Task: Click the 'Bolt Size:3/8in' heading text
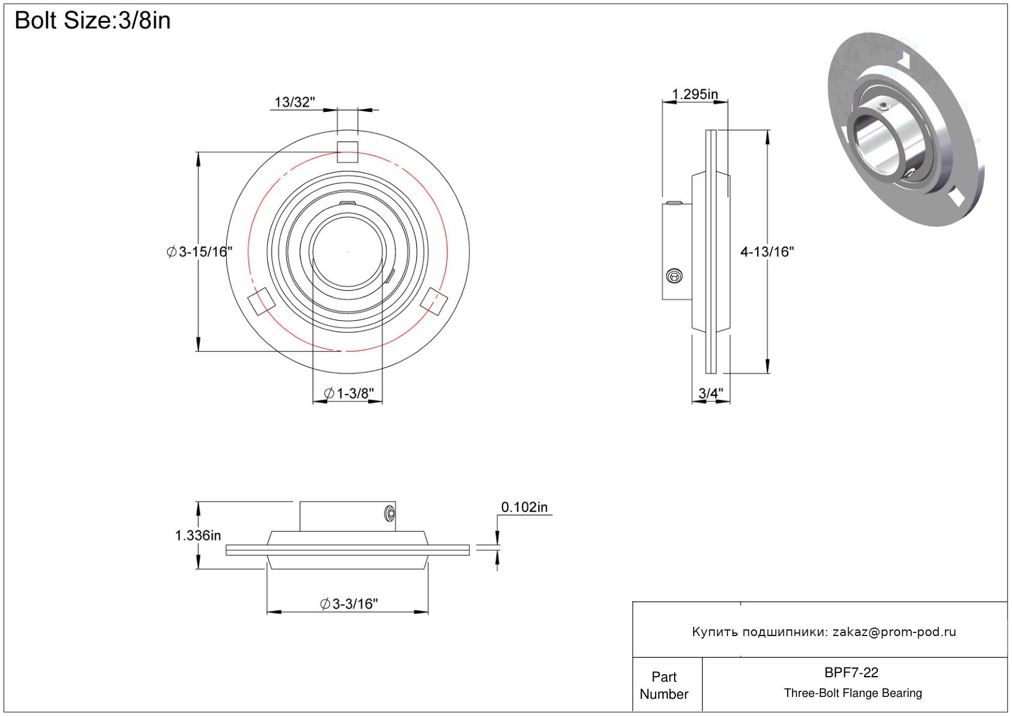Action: coord(93,21)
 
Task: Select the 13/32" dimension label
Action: coord(294,102)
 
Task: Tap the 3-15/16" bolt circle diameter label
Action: coord(200,252)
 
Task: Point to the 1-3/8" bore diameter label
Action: coord(349,393)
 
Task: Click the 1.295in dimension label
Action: coord(695,94)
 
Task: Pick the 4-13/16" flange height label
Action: coord(767,252)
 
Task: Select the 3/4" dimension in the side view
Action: coord(711,393)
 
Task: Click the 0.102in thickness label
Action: coord(524,507)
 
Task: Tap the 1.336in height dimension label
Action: coord(198,536)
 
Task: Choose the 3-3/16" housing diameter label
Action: coord(349,604)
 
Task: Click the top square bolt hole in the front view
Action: coord(347,152)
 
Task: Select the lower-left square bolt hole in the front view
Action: coord(261,301)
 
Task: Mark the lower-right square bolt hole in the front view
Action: coord(434,301)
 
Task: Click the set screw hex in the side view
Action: coord(675,276)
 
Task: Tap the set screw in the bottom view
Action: coord(390,514)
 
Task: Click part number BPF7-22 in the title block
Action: coord(851,672)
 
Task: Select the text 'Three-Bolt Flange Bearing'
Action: coord(853,693)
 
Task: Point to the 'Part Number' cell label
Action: coord(664,685)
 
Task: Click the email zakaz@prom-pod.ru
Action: coord(894,632)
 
